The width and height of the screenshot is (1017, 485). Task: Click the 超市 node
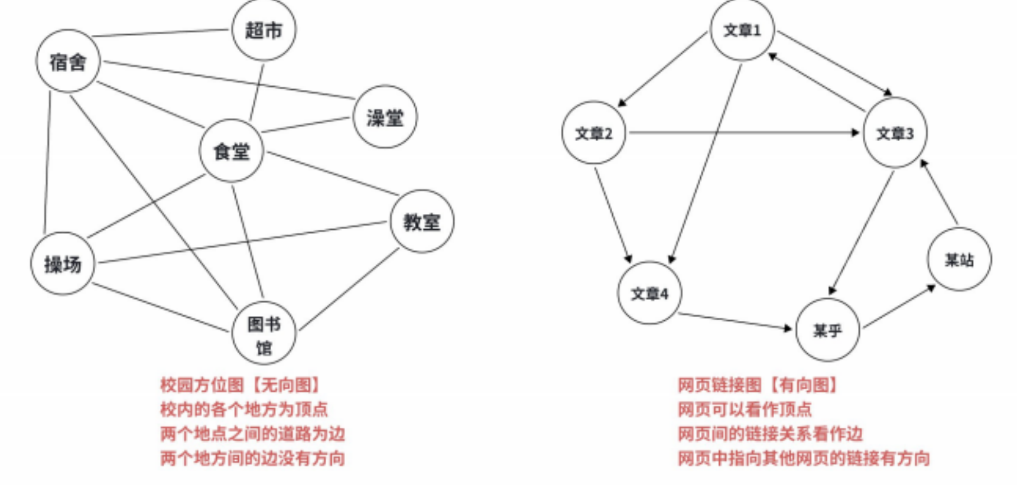[264, 30]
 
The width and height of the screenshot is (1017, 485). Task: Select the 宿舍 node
[68, 61]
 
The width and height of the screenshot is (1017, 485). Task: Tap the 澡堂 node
[385, 117]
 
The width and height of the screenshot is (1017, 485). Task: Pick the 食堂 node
[232, 151]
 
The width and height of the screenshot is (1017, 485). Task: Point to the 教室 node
[422, 222]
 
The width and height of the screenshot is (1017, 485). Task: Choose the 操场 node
[63, 263]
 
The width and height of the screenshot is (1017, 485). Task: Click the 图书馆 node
[264, 334]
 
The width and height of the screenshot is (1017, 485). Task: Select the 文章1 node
[742, 30]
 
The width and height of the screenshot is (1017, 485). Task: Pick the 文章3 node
[895, 134]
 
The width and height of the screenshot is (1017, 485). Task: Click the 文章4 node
[649, 293]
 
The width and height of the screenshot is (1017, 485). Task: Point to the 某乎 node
[827, 330]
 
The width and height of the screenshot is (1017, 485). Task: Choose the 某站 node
[959, 259]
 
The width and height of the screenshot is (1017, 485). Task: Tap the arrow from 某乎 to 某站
[899, 307]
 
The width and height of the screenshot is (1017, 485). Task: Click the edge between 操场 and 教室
[242, 242]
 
